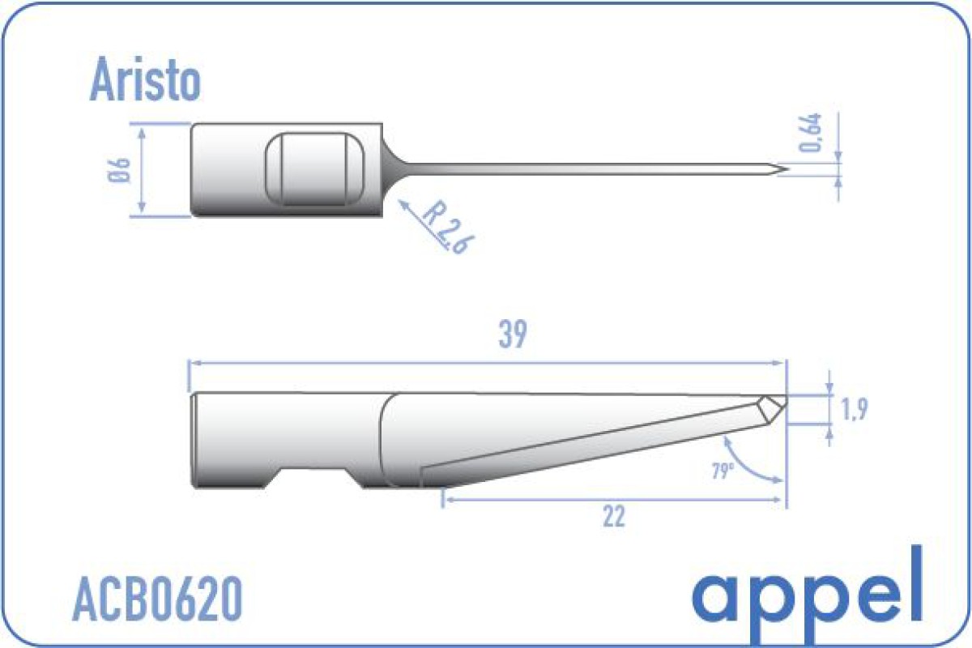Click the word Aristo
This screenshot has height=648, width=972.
[145, 80]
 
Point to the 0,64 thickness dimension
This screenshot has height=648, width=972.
[812, 133]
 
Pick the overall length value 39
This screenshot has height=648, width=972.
[514, 335]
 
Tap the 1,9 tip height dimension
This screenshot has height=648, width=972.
[855, 410]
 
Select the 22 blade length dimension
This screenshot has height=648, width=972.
[614, 516]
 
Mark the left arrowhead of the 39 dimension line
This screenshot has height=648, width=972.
[192, 364]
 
